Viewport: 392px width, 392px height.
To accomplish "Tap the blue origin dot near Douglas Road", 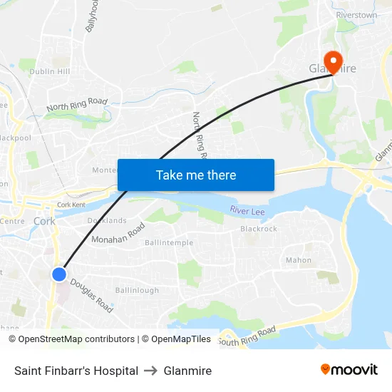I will coord(59,274).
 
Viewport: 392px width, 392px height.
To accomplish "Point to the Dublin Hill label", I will coord(50,72).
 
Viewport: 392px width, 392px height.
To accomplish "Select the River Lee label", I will coord(247,210).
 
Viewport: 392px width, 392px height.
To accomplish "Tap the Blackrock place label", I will coord(259,229).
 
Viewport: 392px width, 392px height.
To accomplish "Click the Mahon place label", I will coord(299,260).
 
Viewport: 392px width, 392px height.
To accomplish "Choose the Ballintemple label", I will coord(168,243).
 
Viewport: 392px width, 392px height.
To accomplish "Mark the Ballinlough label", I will coord(137,290).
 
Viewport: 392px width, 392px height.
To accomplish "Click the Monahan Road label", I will coord(118,233).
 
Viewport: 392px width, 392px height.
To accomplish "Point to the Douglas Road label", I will coord(91,294).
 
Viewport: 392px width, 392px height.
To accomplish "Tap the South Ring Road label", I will coord(247,337).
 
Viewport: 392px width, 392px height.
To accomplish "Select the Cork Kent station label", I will coord(71,205).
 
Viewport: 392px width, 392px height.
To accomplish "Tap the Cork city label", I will coord(44,221).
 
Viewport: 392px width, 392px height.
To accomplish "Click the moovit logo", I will coord(349,370).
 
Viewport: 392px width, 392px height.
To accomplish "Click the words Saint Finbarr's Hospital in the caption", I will coord(76,371).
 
